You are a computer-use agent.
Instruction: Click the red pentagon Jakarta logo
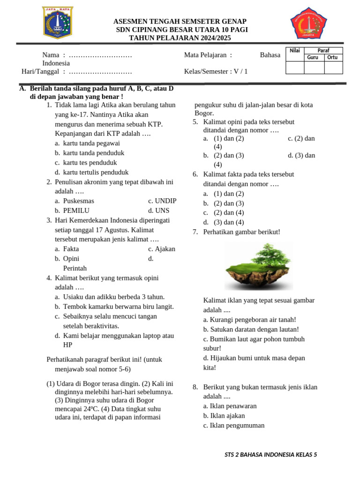point(308,23)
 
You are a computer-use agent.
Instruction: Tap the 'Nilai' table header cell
point(294,51)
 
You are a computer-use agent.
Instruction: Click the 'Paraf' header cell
point(323,51)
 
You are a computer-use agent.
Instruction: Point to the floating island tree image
point(259,266)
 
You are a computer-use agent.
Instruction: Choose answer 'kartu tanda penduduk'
point(93,153)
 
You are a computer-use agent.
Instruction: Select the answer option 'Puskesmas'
point(78,201)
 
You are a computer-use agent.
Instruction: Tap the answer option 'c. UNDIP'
point(162,201)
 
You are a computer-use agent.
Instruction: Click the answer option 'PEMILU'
point(76,210)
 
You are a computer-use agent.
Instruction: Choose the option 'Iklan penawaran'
point(230,406)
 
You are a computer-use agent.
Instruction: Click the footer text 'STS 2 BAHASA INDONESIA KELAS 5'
point(271,454)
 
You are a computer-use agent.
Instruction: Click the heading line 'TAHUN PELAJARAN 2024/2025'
point(180,38)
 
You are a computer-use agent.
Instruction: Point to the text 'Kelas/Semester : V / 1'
point(216,71)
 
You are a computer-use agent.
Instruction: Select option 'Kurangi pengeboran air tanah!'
point(250,319)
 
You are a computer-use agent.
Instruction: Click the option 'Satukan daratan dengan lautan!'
point(251,329)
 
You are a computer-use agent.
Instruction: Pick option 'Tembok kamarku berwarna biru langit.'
point(118,307)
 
